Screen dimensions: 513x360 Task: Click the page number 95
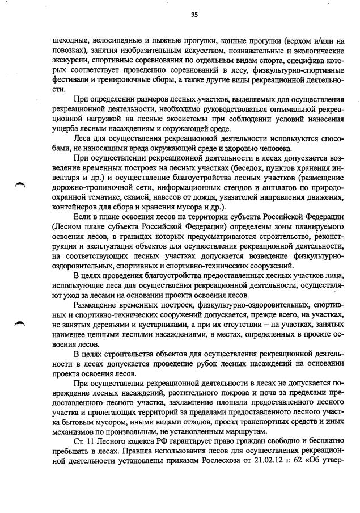coord(194,15)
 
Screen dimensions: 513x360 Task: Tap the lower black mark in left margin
coord(20,322)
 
